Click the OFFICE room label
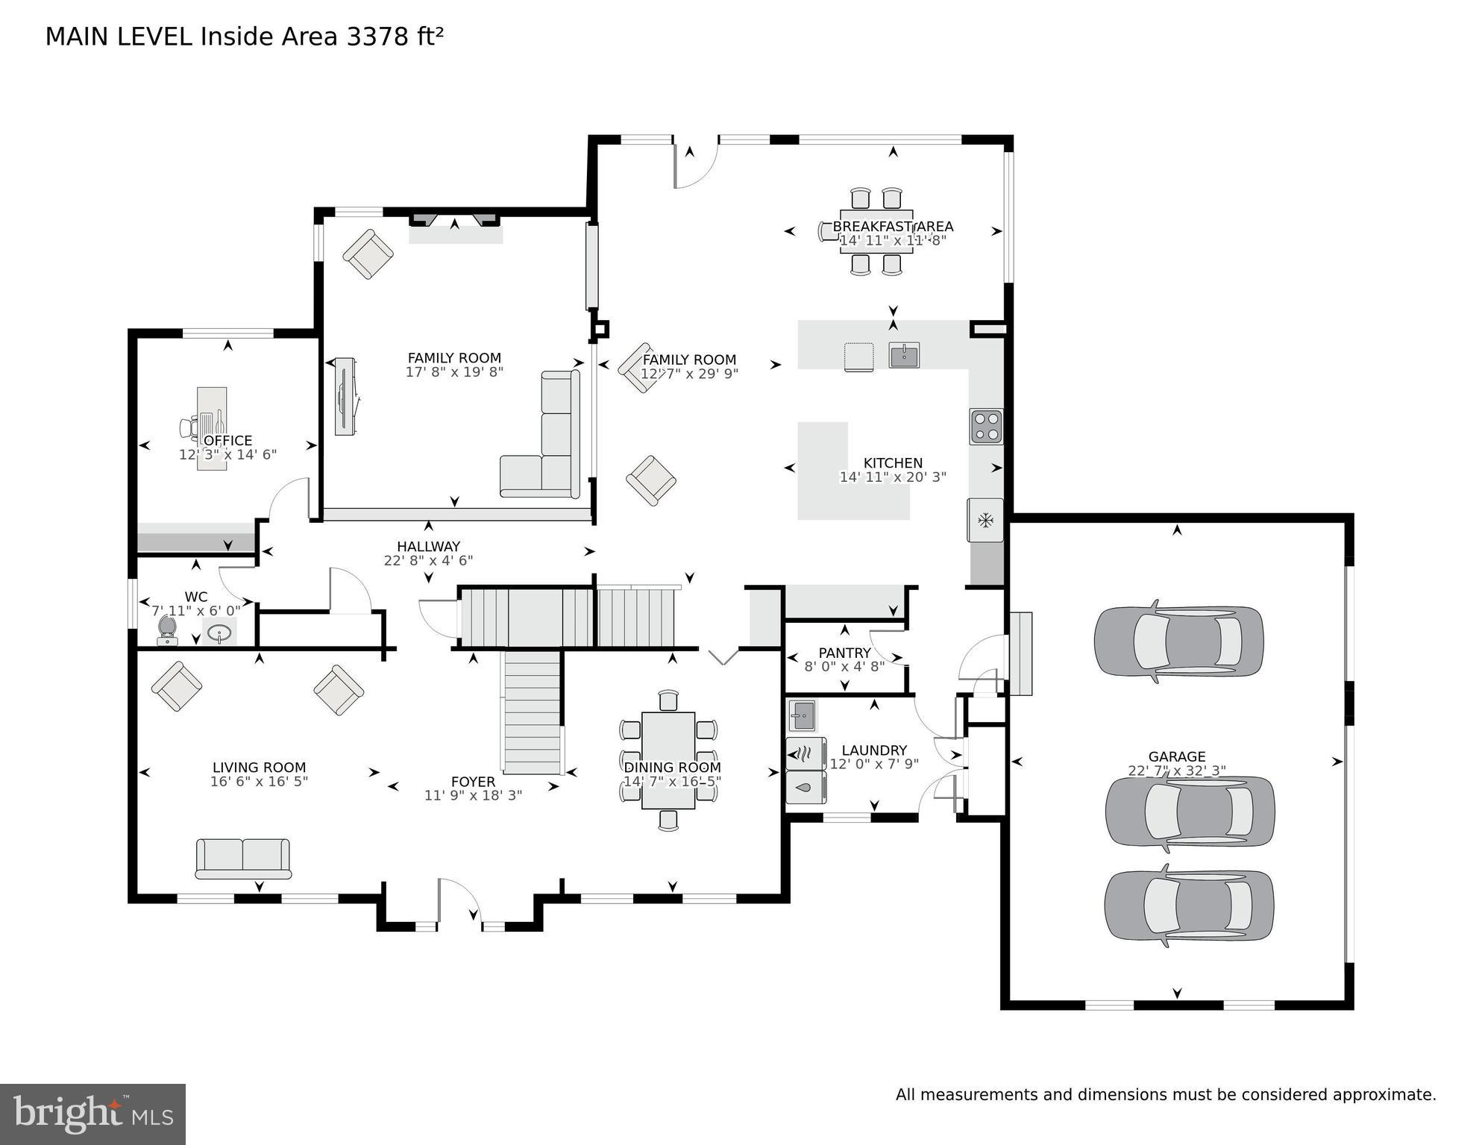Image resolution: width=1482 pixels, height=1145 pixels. tap(227, 440)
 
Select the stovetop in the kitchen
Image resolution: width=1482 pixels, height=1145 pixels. tap(986, 427)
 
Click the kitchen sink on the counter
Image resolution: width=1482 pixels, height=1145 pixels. tap(904, 355)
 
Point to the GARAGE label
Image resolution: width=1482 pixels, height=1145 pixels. tap(1176, 756)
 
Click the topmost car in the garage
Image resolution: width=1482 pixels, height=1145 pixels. tap(1178, 641)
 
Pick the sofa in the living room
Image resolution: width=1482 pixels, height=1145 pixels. tap(243, 858)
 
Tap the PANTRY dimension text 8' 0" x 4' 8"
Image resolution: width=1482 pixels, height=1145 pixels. tap(844, 667)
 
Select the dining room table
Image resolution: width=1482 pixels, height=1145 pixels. tap(668, 759)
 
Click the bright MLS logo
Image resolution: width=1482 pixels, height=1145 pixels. tap(92, 1114)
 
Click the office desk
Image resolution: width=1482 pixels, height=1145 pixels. tap(212, 427)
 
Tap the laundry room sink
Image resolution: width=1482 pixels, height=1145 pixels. tap(803, 716)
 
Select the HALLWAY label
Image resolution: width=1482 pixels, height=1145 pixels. tap(428, 546)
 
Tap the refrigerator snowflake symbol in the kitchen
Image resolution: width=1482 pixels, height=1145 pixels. tap(985, 519)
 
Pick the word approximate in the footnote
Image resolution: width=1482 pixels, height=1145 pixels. tap(1384, 1095)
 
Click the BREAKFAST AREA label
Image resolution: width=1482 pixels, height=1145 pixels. tap(893, 226)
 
